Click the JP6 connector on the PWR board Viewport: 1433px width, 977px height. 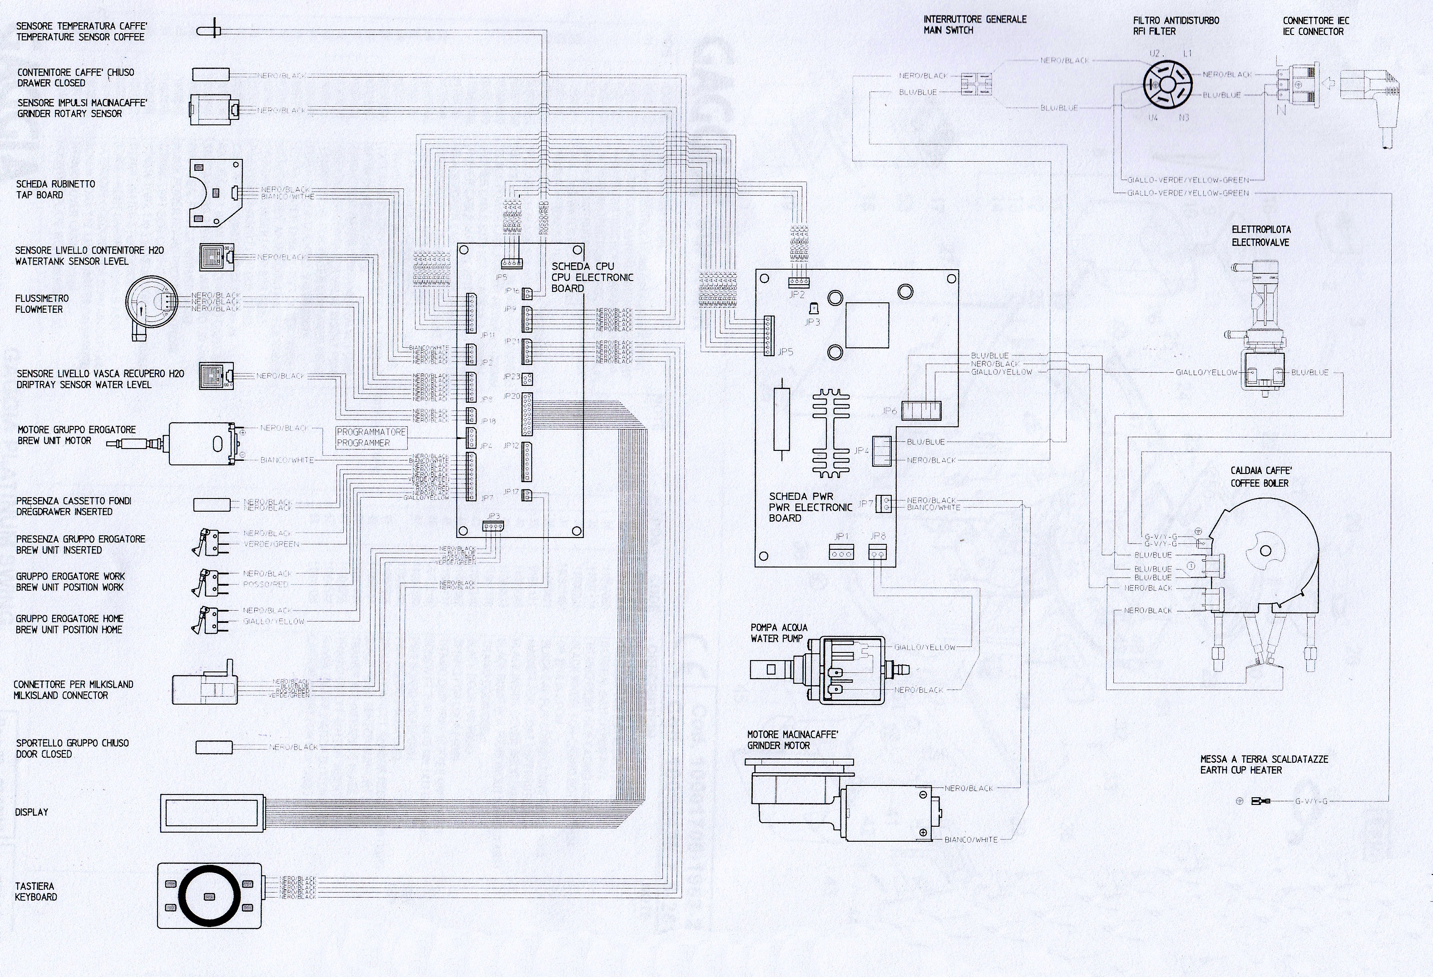point(921,411)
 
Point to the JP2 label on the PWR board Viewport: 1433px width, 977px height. point(797,295)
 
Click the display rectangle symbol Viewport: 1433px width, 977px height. point(213,812)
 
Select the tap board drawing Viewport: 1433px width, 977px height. point(215,192)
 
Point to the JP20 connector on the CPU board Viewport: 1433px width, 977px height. point(527,414)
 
